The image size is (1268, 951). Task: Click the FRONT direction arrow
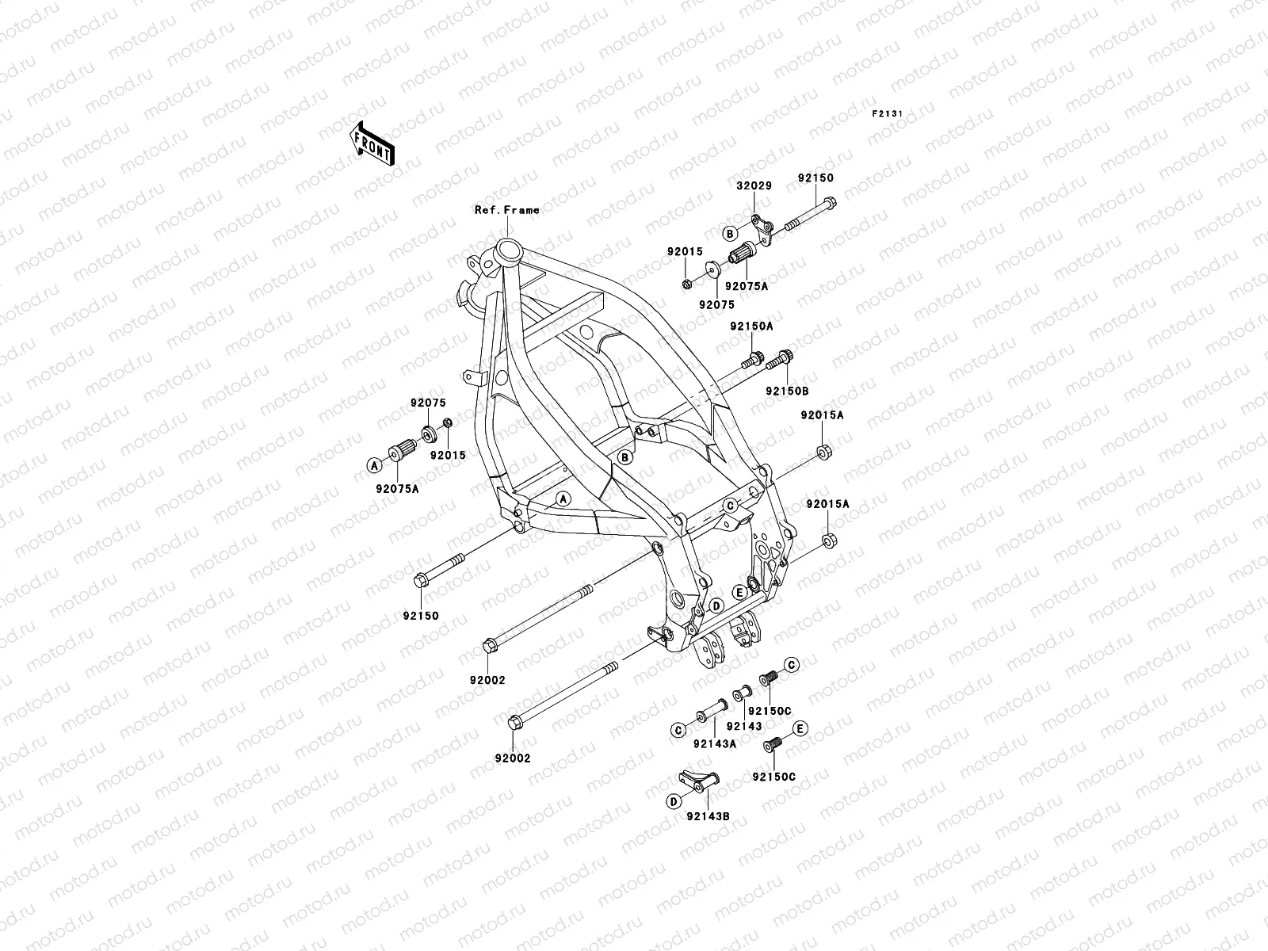pyautogui.click(x=384, y=143)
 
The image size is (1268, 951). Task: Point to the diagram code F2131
pyautogui.click(x=888, y=114)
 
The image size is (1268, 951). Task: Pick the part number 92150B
pyautogui.click(x=786, y=391)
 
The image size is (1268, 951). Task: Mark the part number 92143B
pyautogui.click(x=708, y=815)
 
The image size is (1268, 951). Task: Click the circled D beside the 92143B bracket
pyautogui.click(x=673, y=801)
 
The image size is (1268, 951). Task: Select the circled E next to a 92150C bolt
pyautogui.click(x=800, y=728)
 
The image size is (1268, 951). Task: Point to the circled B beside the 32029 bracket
pyautogui.click(x=730, y=233)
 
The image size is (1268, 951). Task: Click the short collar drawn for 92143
pyautogui.click(x=743, y=695)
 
